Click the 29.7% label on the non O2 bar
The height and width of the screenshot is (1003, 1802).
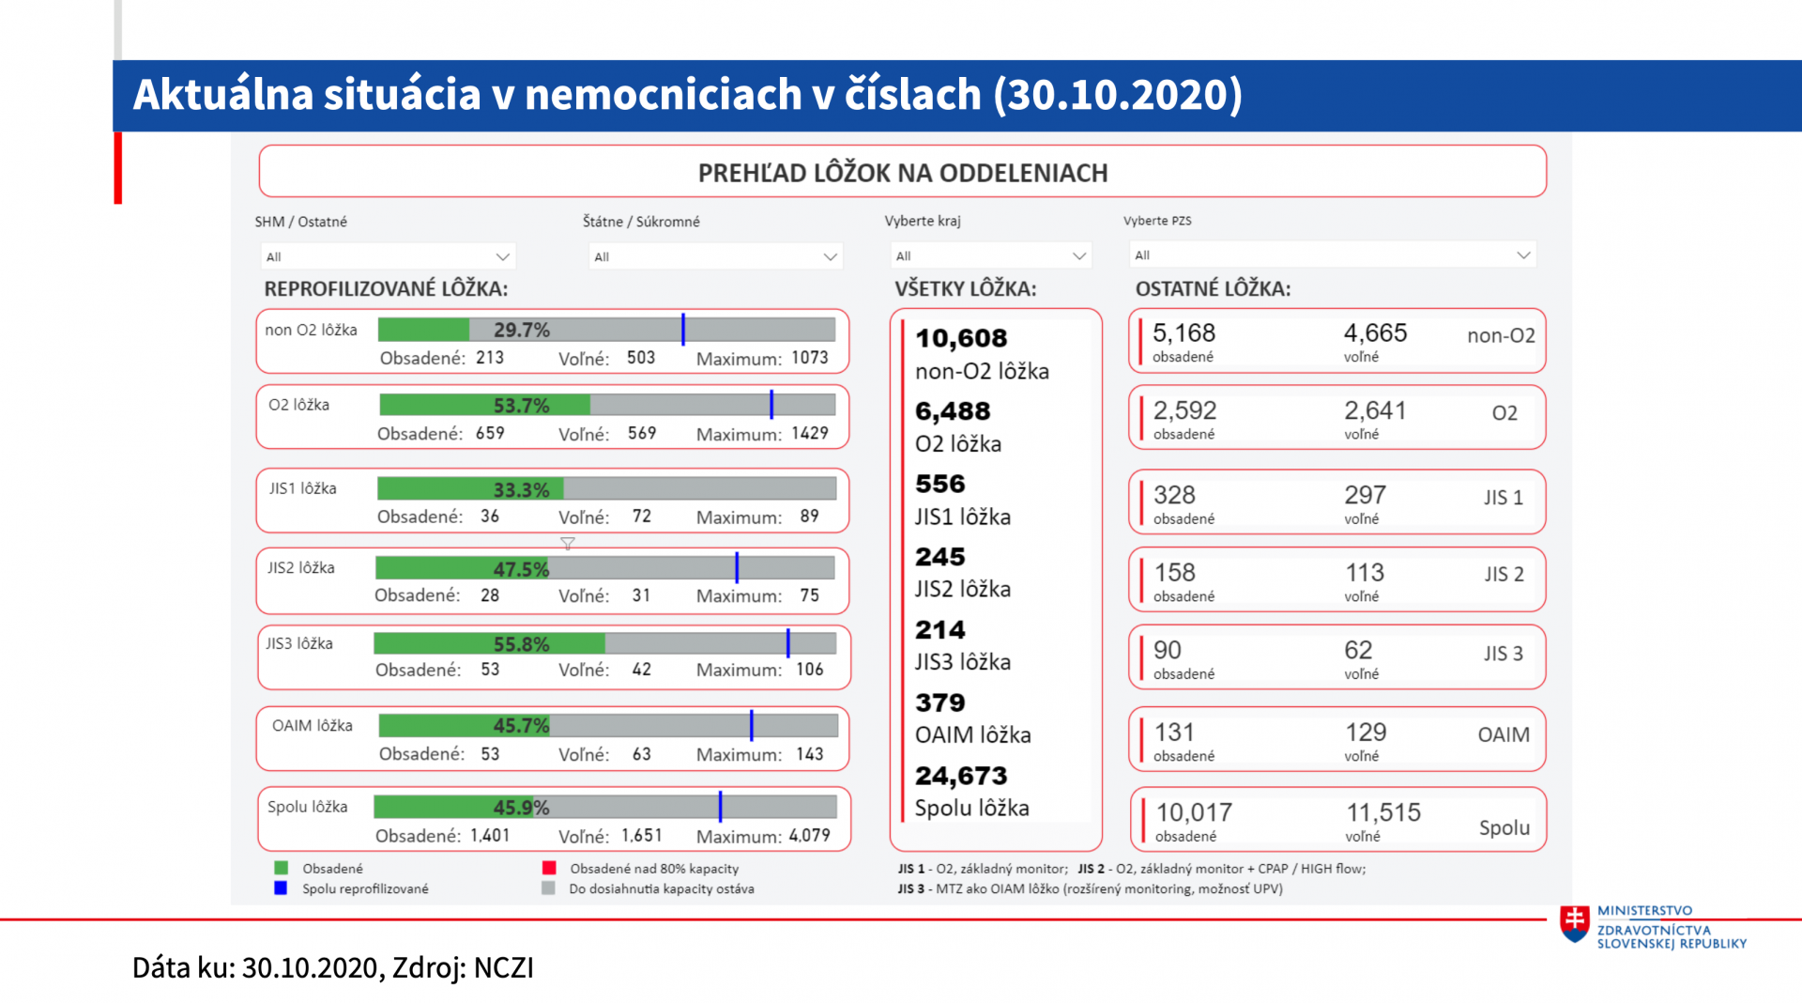pyautogui.click(x=522, y=331)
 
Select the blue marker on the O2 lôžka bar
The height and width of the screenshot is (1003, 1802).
pyautogui.click(x=771, y=405)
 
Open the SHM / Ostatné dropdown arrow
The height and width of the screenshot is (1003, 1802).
pyautogui.click(x=502, y=256)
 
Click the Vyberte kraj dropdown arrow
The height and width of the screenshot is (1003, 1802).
pyautogui.click(x=1079, y=255)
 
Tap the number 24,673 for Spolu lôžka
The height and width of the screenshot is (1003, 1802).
pyautogui.click(x=961, y=776)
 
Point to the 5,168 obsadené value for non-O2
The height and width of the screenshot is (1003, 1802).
pyautogui.click(x=1184, y=333)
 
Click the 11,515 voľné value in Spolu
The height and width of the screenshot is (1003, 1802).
pyautogui.click(x=1383, y=812)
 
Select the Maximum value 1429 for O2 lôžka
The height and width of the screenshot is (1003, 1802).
pyautogui.click(x=809, y=433)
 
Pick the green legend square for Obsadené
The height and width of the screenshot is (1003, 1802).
pyautogui.click(x=281, y=869)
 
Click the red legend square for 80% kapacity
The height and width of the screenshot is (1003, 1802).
pyautogui.click(x=549, y=869)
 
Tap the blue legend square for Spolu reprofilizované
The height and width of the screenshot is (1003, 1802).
pyautogui.click(x=281, y=888)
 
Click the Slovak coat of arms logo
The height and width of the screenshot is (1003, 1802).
pyautogui.click(x=1574, y=924)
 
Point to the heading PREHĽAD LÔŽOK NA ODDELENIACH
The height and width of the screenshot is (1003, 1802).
pyautogui.click(x=902, y=173)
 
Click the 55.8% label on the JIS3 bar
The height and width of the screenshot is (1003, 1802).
pyautogui.click(x=521, y=644)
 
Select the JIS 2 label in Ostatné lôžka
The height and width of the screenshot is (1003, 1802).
pyautogui.click(x=1504, y=574)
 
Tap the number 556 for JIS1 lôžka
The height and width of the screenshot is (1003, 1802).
pyautogui.click(x=940, y=484)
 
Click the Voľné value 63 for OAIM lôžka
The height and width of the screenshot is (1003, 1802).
pyautogui.click(x=641, y=754)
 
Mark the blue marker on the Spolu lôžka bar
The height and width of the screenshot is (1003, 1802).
pyautogui.click(x=720, y=807)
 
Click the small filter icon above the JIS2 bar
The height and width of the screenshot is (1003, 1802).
pyautogui.click(x=568, y=544)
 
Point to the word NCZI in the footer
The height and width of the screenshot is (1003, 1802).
pyautogui.click(x=504, y=968)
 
